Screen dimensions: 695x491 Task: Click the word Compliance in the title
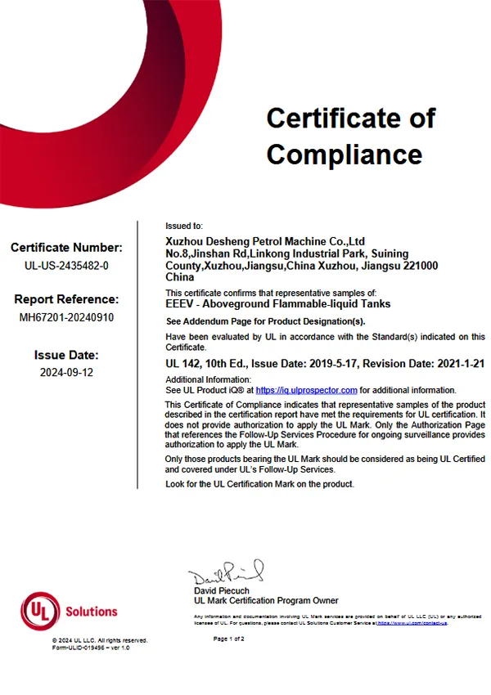tap(344, 154)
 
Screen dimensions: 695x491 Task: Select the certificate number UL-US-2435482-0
tap(65, 266)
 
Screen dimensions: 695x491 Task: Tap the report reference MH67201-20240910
tap(65, 317)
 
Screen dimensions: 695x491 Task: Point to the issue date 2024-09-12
tap(65, 373)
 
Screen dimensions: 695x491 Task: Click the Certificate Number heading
tap(66, 248)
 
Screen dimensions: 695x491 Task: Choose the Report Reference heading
tap(66, 299)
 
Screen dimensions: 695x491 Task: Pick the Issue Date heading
tap(66, 355)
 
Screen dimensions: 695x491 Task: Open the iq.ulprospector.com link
tap(307, 390)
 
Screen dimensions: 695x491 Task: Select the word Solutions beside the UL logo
tap(91, 612)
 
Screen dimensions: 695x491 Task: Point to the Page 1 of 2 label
tap(229, 639)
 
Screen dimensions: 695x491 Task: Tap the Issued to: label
tap(183, 226)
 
